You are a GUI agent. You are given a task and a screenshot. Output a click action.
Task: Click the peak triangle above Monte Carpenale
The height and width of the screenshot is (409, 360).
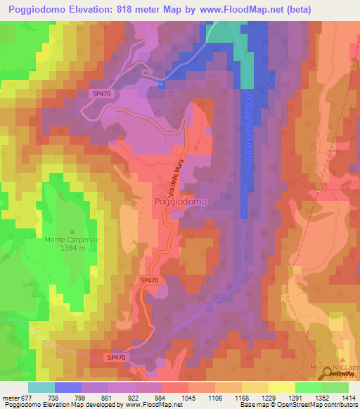click(x=73, y=231)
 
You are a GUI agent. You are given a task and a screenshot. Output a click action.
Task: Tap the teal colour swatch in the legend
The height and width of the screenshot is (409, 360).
click(x=41, y=387)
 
